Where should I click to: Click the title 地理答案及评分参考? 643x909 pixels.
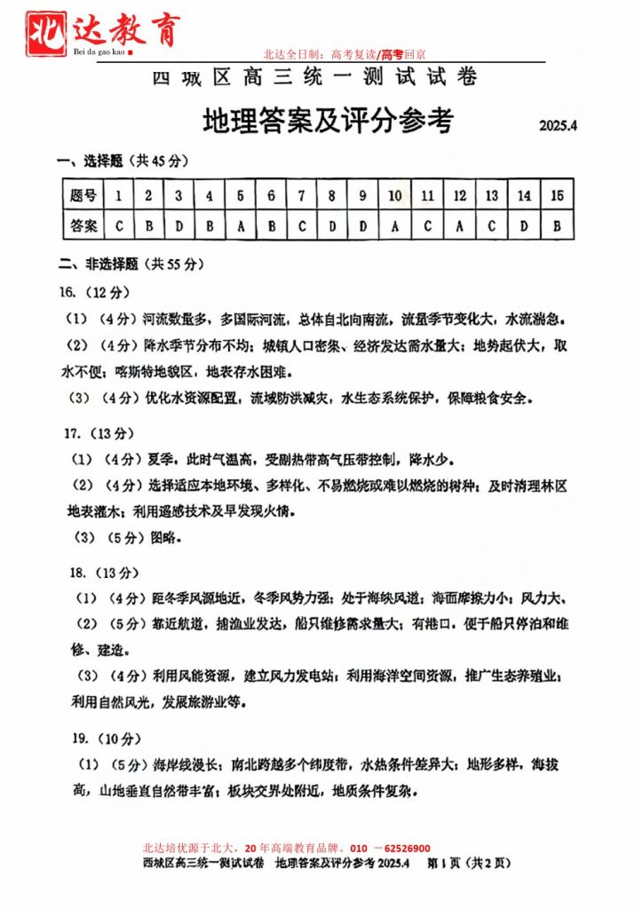pos(328,120)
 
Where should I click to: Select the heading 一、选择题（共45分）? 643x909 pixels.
pos(122,161)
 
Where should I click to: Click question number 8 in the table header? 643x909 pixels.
pos(331,195)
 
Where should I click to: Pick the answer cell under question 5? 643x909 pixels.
pos(240,225)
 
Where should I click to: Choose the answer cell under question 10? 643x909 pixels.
pos(394,225)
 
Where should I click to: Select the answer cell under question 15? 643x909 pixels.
pos(557,225)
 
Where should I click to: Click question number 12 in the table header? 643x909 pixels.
pos(459,195)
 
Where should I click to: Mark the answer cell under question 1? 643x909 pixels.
pos(119,225)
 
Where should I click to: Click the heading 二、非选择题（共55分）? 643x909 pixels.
pos(131,264)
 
